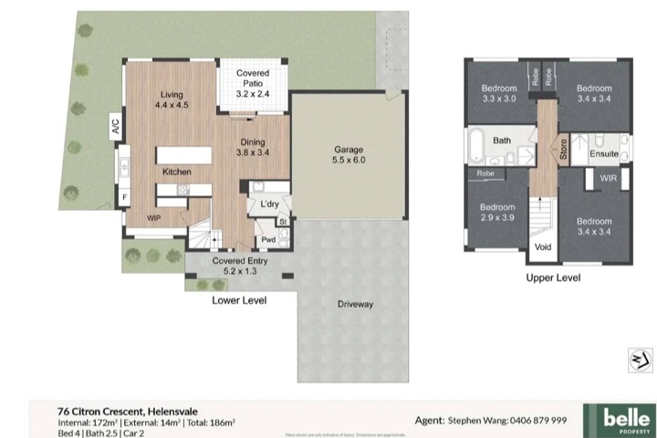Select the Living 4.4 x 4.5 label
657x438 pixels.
tap(171, 99)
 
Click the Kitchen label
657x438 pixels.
tap(176, 172)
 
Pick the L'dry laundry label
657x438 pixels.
tap(269, 203)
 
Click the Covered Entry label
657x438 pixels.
tap(241, 266)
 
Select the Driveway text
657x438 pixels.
tap(355, 304)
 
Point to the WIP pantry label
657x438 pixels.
tap(154, 218)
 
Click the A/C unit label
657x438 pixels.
tap(116, 127)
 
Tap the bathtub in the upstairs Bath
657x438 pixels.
tap(478, 144)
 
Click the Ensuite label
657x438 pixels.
tap(604, 154)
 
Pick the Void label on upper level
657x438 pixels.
tap(542, 247)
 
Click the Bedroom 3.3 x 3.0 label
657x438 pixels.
tap(499, 93)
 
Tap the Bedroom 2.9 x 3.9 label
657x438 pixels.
tap(497, 212)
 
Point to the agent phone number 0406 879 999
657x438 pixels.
tap(533, 421)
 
